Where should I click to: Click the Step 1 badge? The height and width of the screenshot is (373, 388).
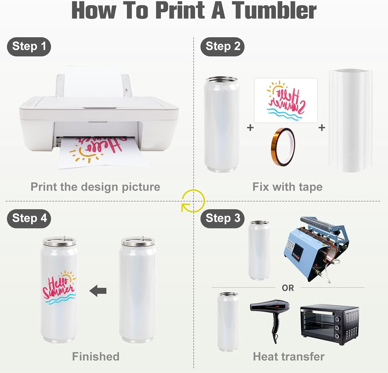(29, 47)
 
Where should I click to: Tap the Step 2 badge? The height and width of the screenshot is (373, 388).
(222, 47)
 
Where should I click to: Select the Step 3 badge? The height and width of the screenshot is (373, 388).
(222, 219)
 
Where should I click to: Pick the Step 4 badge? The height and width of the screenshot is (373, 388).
(29, 219)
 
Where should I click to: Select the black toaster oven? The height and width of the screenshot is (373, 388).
(330, 324)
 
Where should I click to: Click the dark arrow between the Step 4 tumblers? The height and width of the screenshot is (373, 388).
(98, 291)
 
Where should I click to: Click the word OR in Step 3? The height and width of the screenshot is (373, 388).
(288, 288)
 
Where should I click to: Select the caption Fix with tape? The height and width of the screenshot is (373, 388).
(287, 187)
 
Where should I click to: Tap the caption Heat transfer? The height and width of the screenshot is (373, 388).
(289, 356)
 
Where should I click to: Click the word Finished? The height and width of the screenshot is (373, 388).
(96, 356)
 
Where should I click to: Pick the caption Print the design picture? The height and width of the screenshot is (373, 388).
(95, 187)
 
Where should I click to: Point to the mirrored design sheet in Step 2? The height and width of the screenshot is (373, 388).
(286, 100)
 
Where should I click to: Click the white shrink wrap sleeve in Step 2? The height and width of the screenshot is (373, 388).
(350, 121)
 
